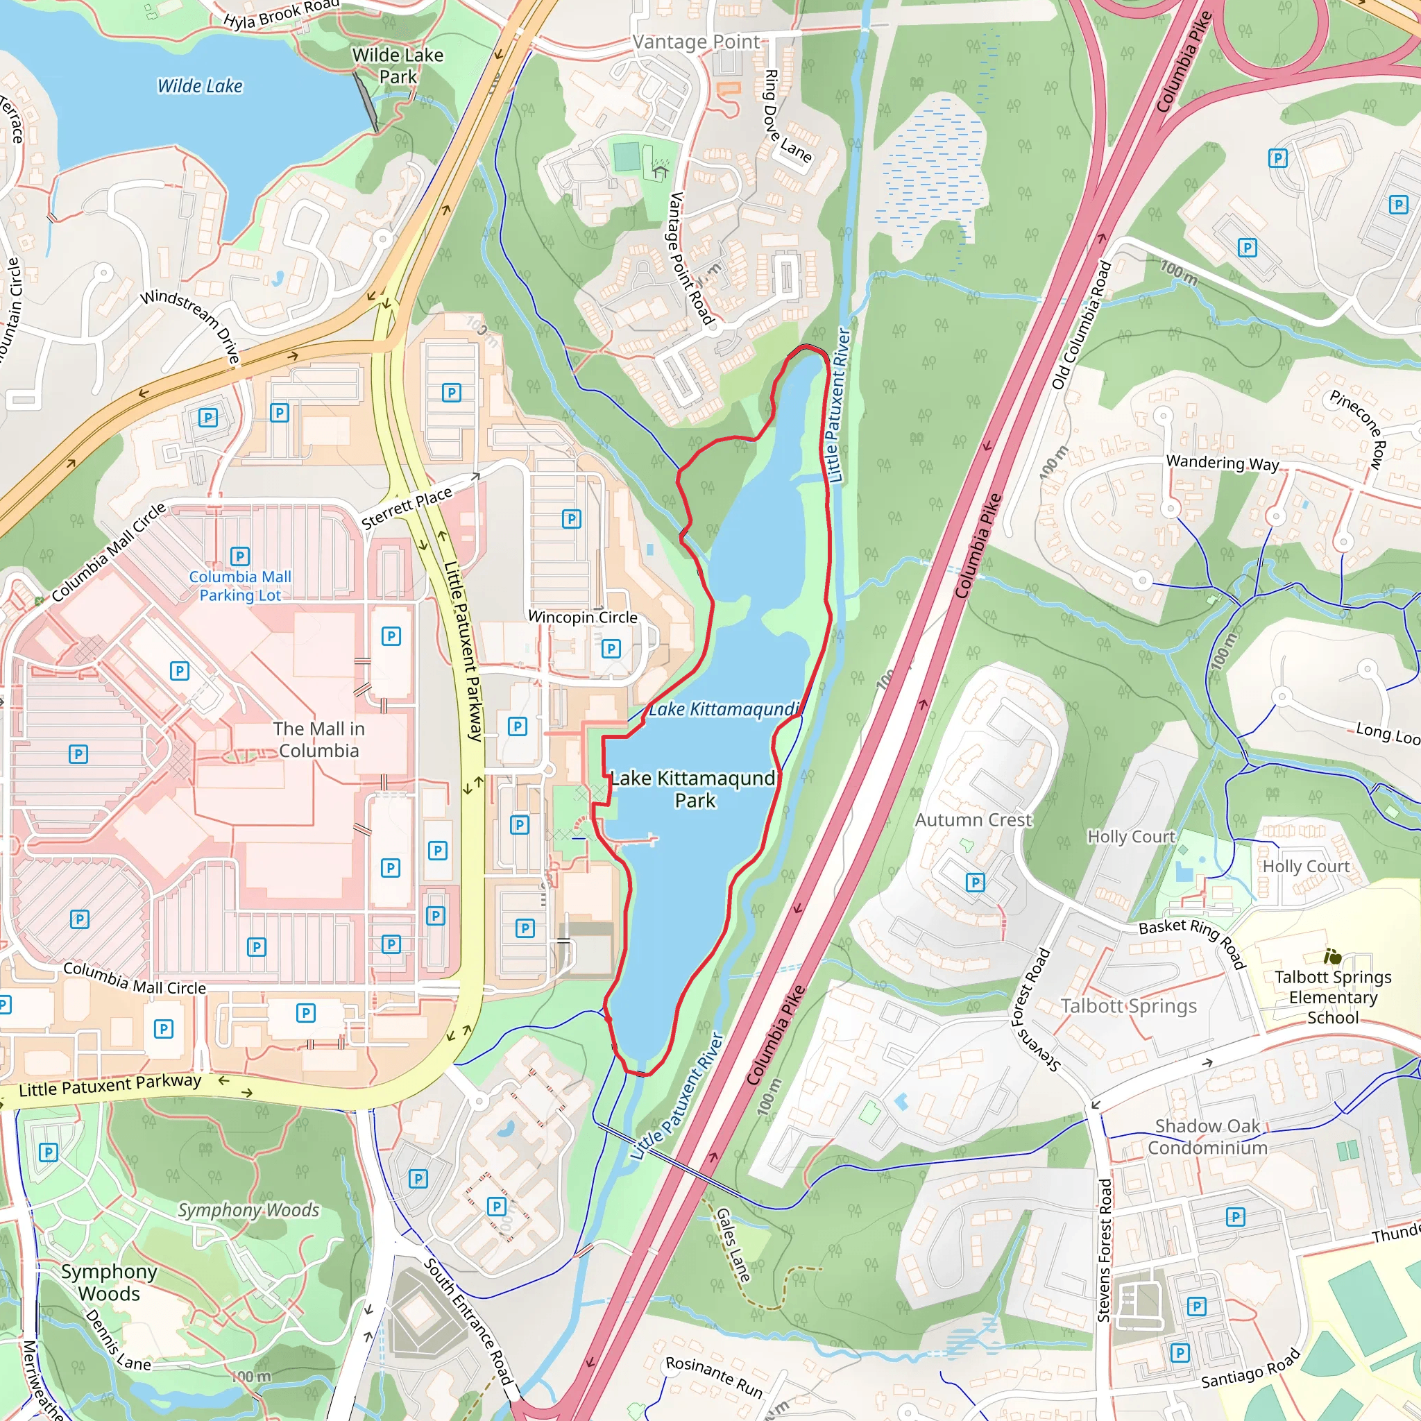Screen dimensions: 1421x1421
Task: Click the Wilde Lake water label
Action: tap(200, 86)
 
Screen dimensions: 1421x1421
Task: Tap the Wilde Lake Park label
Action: tap(398, 65)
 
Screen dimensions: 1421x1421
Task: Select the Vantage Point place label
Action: tap(696, 42)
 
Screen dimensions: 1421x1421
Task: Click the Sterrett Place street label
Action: tap(407, 507)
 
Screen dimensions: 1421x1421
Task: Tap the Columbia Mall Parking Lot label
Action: tap(240, 586)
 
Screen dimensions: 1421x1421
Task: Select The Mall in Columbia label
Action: tap(318, 739)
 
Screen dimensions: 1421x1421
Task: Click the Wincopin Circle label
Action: tap(583, 617)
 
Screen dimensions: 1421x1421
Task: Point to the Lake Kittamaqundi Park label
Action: tap(695, 788)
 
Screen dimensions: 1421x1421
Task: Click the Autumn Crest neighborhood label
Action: tap(973, 819)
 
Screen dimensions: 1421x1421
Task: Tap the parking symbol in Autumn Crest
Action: tap(975, 881)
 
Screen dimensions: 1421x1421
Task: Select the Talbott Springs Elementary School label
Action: tap(1333, 996)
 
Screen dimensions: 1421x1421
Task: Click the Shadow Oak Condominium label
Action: tap(1207, 1137)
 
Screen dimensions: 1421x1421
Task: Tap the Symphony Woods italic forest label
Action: tap(248, 1210)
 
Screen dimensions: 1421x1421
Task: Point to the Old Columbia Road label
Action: tap(1081, 324)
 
